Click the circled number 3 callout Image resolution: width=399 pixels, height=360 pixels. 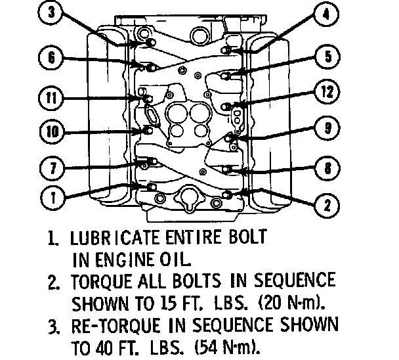tap(51, 12)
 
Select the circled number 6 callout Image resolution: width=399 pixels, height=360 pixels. tap(51, 57)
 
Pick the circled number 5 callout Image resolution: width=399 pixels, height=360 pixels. tap(327, 56)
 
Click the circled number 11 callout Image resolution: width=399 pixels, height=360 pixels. tap(51, 98)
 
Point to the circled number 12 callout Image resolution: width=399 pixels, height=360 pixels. tap(327, 91)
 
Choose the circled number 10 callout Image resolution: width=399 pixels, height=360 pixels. tap(52, 131)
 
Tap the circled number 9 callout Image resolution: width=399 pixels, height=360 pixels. tap(327, 127)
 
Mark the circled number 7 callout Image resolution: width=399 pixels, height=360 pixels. tap(52, 168)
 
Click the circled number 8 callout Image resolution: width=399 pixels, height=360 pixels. tap(327, 168)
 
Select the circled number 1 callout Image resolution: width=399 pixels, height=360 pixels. tap(52, 198)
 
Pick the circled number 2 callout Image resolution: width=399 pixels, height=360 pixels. tap(327, 206)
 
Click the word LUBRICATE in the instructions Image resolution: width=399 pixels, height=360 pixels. tap(114, 237)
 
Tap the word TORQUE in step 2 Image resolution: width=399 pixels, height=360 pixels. tap(102, 281)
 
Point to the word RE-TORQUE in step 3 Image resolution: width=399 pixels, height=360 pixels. tap(115, 326)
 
